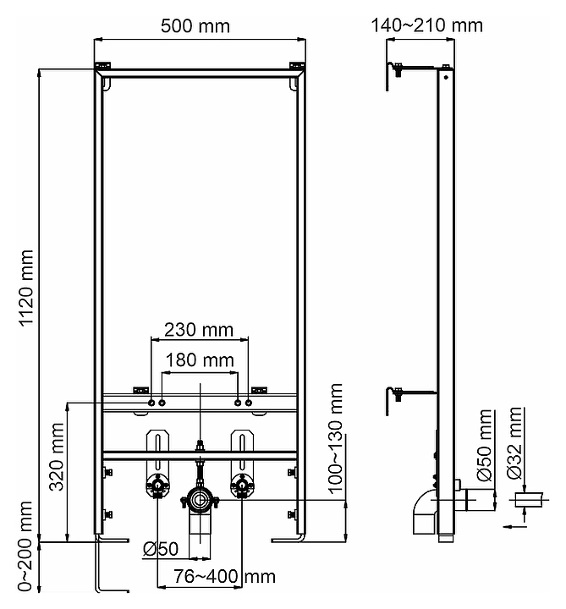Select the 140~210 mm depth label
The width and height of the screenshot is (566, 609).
point(426,25)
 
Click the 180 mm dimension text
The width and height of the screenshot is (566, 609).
point(200,361)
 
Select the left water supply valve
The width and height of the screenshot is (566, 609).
point(157,486)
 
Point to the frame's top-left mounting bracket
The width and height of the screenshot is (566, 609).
point(102,66)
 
